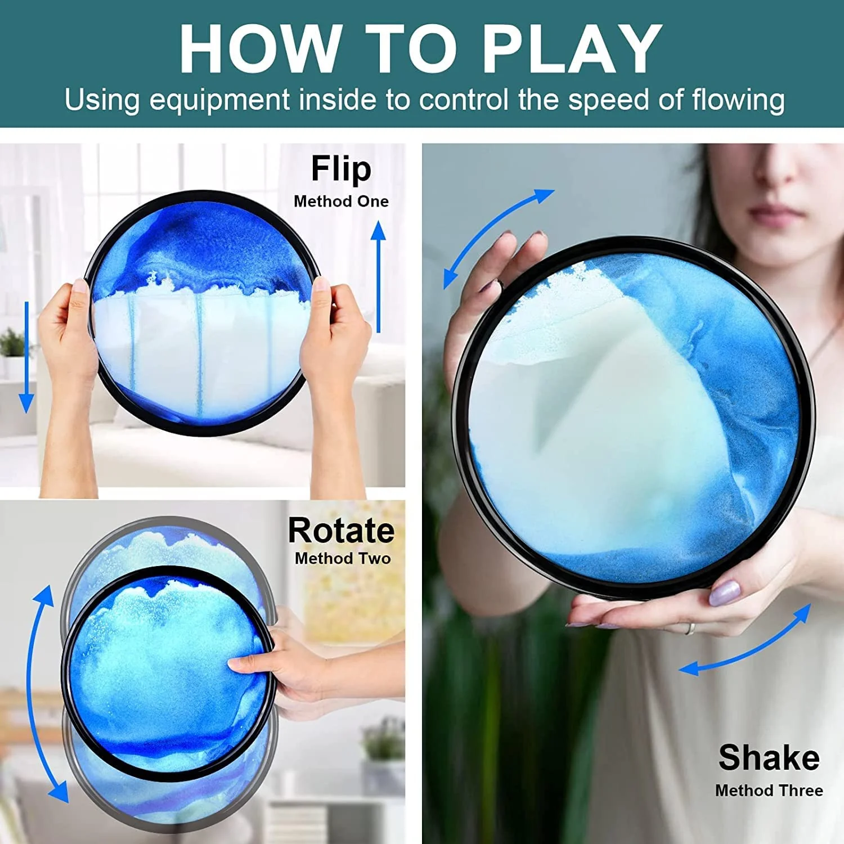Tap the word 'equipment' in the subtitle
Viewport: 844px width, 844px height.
(x=219, y=101)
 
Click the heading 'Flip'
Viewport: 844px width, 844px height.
(x=341, y=169)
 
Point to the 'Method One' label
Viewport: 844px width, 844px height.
(x=341, y=201)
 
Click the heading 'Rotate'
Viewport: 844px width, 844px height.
(x=341, y=531)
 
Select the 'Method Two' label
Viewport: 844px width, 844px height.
(x=343, y=558)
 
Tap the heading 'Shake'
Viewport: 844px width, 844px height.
(x=769, y=757)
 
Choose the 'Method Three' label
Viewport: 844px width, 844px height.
(x=769, y=791)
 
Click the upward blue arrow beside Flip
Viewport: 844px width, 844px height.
(x=379, y=276)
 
